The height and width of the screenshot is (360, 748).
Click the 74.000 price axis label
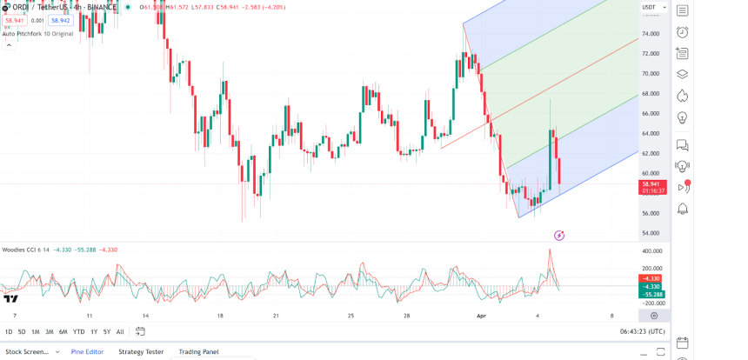coord(651,34)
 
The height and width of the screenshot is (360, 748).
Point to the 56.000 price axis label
coord(651,213)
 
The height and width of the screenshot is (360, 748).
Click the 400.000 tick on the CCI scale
coord(651,250)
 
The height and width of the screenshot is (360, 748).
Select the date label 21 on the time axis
coord(276,316)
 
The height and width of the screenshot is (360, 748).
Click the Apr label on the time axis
coord(481,316)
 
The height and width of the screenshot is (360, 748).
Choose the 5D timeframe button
coord(22,331)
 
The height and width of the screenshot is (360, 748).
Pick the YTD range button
coord(78,331)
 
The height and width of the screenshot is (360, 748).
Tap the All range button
coord(120,331)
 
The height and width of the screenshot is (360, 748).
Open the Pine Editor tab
coord(87,352)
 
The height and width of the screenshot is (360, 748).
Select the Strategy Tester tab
coord(141,352)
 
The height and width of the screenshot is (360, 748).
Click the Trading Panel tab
coord(198,352)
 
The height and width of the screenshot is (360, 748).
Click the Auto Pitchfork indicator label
coord(37,34)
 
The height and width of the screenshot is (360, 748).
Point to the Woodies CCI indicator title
coord(25,250)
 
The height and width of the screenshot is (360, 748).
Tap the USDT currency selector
coord(649,8)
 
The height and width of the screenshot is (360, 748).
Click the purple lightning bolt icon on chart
coord(559,236)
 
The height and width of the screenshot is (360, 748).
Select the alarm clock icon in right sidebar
coord(683,32)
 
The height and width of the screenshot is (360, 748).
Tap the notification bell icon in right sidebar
coord(683,209)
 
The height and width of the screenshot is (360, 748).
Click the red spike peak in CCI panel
coord(550,250)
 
